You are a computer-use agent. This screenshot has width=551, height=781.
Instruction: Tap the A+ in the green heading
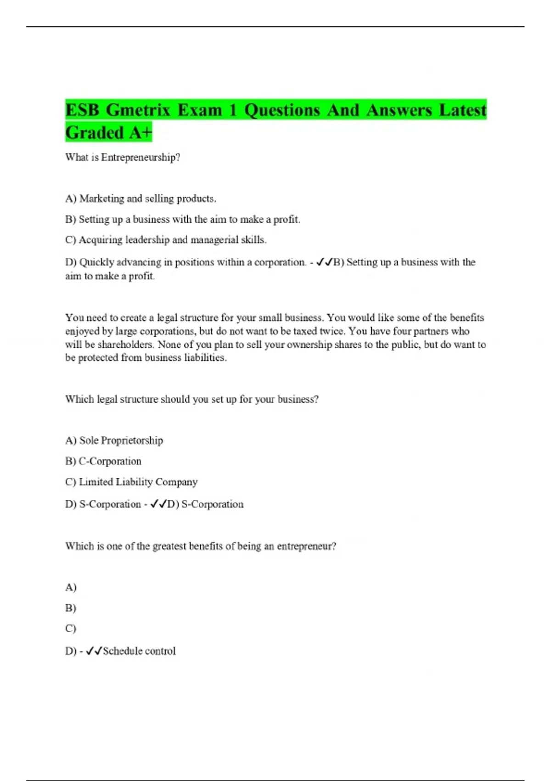(x=140, y=133)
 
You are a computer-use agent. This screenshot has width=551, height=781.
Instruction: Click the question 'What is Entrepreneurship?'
(x=123, y=157)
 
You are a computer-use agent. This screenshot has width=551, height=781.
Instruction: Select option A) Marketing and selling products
(x=141, y=198)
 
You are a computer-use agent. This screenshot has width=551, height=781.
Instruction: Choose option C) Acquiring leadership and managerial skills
(x=166, y=240)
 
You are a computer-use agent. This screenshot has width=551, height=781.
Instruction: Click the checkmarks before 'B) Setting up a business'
(x=324, y=262)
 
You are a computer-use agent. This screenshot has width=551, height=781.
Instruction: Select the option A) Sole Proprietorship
(x=114, y=441)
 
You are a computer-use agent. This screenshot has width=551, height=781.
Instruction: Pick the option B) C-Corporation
(x=103, y=461)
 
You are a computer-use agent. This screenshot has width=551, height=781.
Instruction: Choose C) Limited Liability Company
(x=131, y=482)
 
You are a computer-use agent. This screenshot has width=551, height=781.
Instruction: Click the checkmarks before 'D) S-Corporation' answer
(x=158, y=504)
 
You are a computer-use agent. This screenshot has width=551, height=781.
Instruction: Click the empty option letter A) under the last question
(x=71, y=588)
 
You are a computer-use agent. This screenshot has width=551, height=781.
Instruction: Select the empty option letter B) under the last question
(x=71, y=608)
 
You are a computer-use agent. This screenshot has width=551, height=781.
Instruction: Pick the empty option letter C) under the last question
(x=71, y=628)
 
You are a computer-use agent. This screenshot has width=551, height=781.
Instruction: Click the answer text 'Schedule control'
(x=139, y=651)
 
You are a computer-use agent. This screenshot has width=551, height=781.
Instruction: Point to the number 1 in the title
(x=233, y=110)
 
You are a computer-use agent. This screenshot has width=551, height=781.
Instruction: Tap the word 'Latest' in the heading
(x=462, y=110)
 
